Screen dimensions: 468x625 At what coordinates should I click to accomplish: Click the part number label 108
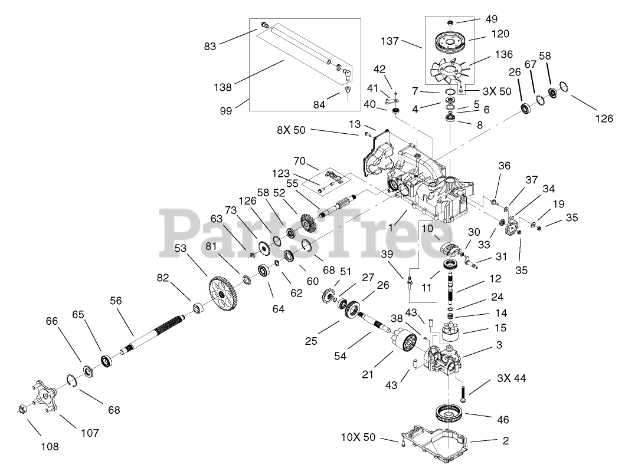[x=51, y=446]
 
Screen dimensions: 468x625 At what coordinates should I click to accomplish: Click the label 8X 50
[x=291, y=130]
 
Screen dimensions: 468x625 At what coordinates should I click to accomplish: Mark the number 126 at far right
[x=604, y=118]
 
